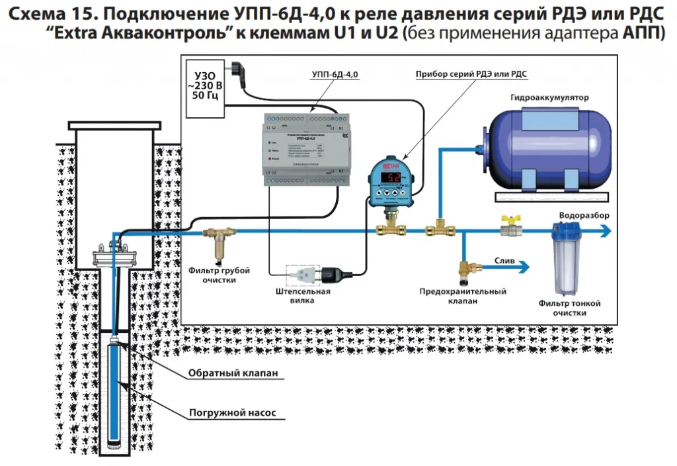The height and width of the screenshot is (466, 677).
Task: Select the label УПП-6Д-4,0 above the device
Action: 335,75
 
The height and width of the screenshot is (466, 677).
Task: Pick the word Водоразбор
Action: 584,216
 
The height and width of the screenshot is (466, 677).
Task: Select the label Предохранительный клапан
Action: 463,296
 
